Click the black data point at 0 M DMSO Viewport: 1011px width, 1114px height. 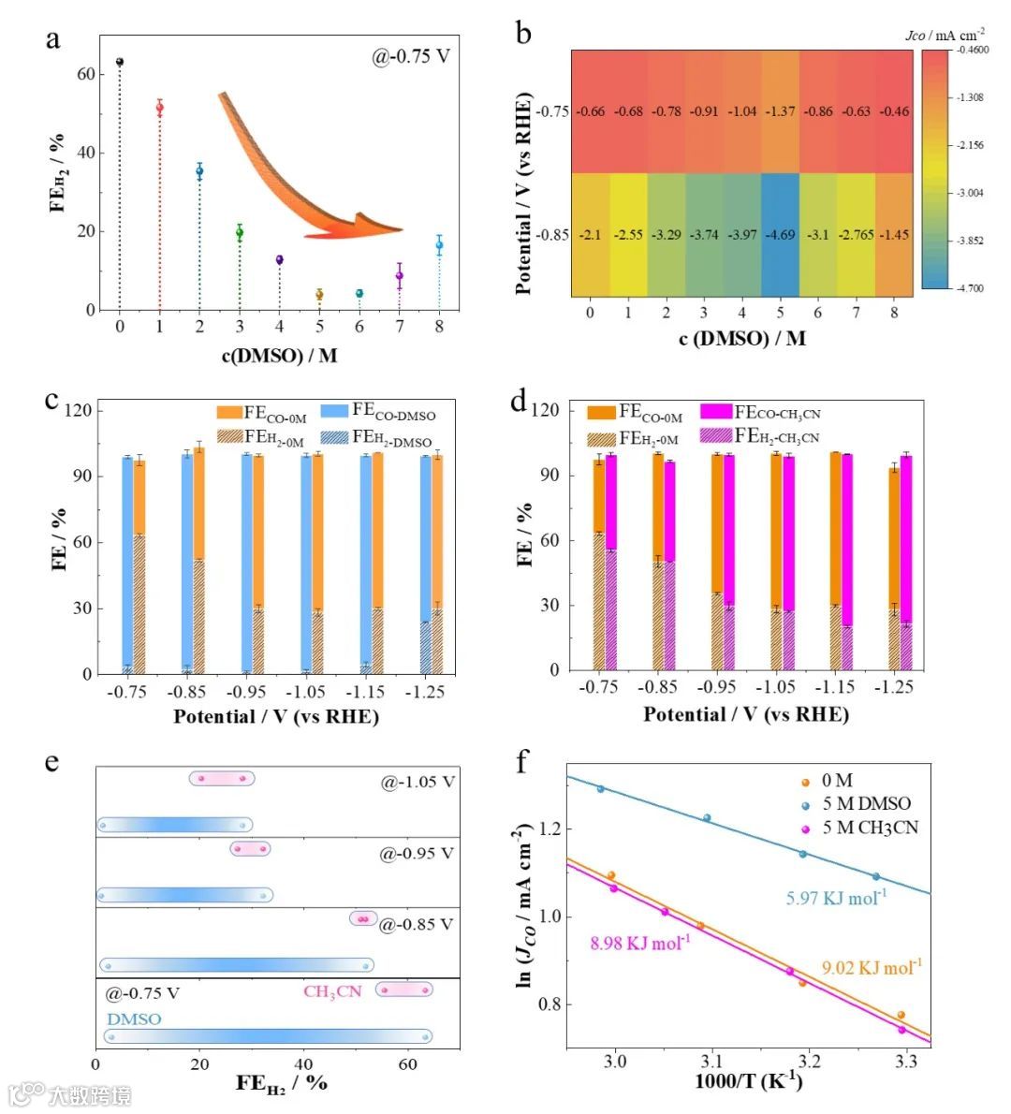[x=120, y=62]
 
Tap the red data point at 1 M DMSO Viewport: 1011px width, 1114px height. [x=160, y=108]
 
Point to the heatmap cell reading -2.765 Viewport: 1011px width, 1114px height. [x=856, y=234]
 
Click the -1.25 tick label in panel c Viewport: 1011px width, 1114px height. [x=425, y=694]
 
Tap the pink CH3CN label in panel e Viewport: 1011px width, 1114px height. [x=331, y=991]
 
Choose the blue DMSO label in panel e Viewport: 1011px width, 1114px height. [x=133, y=1019]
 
